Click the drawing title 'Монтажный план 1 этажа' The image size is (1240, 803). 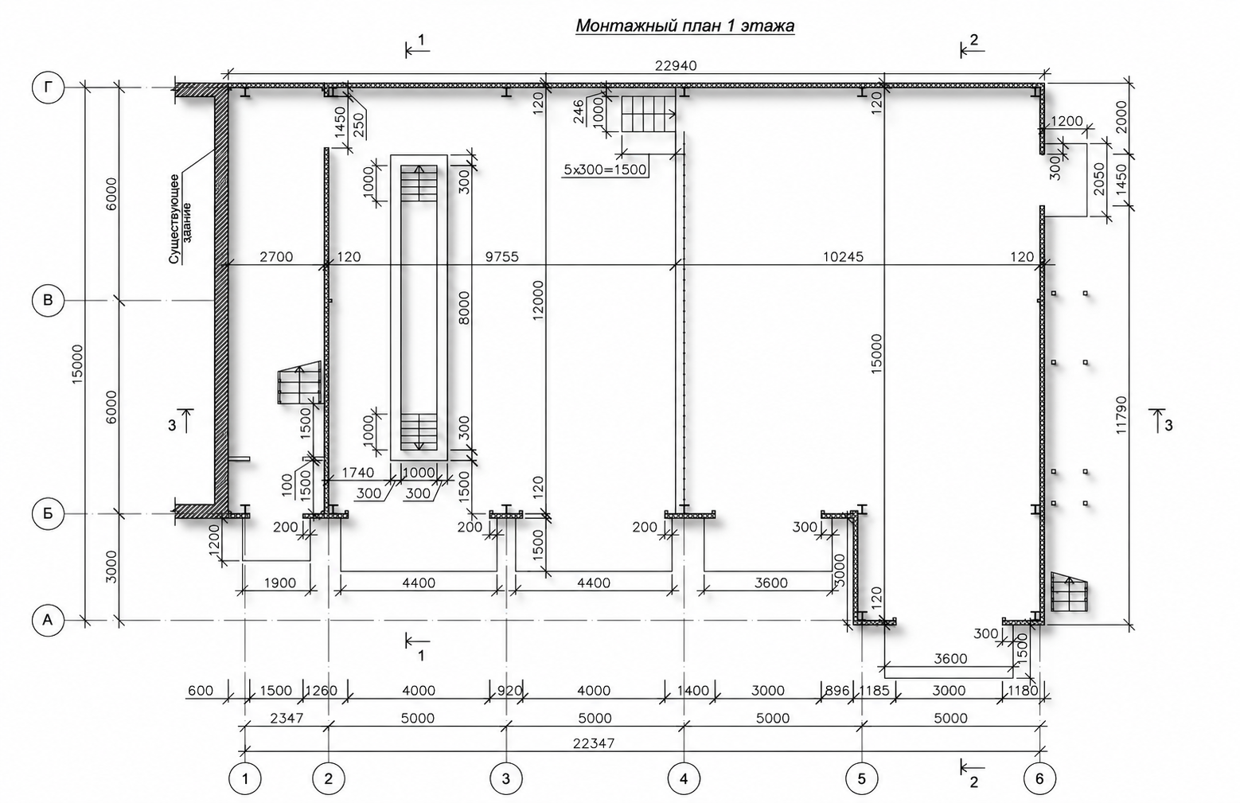coord(684,26)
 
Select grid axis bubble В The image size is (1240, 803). coord(49,301)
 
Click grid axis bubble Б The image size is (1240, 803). coord(49,513)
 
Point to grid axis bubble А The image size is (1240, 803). coord(49,621)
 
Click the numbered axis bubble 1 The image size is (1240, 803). coord(244,778)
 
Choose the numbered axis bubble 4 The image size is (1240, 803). coord(684,778)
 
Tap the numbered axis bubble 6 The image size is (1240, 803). coord(1039,778)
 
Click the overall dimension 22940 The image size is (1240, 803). coord(676,66)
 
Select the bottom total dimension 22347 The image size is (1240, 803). coord(594,743)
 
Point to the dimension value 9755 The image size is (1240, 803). coord(501,257)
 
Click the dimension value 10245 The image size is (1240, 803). coord(843,257)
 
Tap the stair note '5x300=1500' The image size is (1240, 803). coord(605,170)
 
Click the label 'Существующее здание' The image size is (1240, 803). coord(181,219)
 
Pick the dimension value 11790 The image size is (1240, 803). coord(1121,415)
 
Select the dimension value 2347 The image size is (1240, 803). coord(287,719)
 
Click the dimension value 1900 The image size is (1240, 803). coord(279,583)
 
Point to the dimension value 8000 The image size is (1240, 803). coord(464,308)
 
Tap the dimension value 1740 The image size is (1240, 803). coord(357,473)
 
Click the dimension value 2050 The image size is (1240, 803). coord(1099,179)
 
